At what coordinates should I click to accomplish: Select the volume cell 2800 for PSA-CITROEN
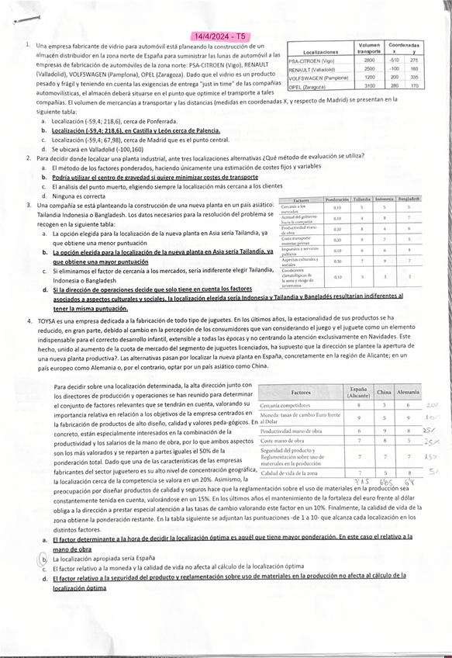(x=369, y=60)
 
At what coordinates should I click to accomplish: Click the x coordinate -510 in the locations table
(x=395, y=60)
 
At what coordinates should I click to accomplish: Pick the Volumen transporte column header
(x=369, y=48)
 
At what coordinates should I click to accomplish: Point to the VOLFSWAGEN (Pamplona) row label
(x=317, y=78)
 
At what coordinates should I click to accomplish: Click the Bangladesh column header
(x=408, y=199)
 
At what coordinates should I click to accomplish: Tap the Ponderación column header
(x=337, y=199)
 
